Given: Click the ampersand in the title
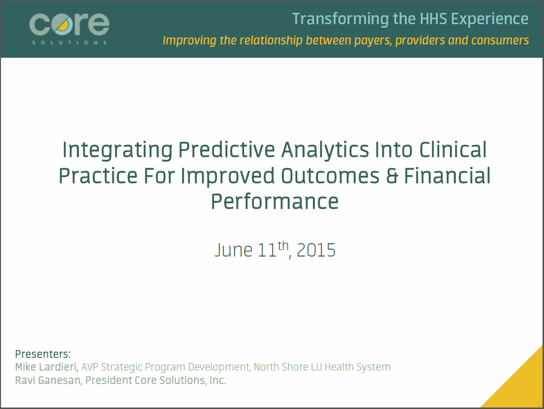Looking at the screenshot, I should [x=392, y=176].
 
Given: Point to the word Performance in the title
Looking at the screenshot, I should [x=274, y=201].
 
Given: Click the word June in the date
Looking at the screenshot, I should [x=234, y=250].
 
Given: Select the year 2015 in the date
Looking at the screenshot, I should [x=316, y=250].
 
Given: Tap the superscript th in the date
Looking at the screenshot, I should [x=283, y=245].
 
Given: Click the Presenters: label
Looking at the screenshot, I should [x=43, y=354].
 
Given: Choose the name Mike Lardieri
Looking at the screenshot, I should [x=46, y=367].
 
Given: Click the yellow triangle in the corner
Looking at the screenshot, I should [x=522, y=385].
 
